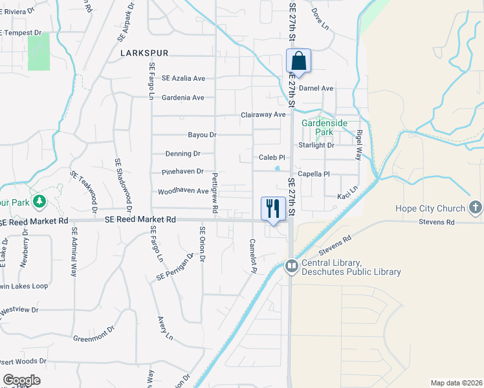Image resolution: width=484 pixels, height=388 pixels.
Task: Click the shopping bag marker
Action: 298,62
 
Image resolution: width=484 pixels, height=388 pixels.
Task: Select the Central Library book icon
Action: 292,266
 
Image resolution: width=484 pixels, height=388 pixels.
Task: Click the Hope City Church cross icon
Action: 475,208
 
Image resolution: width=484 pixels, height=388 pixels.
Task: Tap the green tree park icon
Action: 40,202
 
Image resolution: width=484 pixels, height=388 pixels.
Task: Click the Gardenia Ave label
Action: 184,98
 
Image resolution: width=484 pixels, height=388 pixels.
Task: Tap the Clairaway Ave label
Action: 263,114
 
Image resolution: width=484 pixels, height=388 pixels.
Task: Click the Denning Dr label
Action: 183,154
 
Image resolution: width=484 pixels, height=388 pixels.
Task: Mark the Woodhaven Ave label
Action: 183,191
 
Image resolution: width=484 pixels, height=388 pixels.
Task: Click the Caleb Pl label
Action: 272,157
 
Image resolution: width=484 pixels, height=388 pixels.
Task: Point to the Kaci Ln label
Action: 347,196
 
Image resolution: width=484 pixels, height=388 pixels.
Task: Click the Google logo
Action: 21,380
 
